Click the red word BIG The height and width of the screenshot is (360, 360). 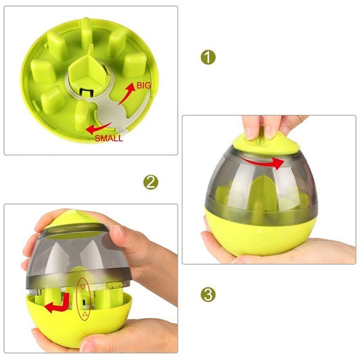[x=144, y=86]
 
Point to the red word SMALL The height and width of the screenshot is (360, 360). [x=109, y=138]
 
